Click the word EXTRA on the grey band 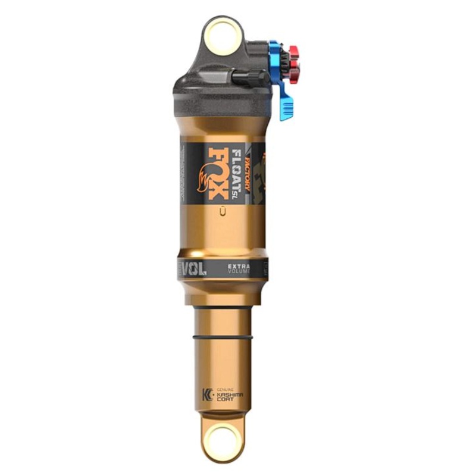(239, 265)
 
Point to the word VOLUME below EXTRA (239, 271)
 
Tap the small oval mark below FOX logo (222, 209)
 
